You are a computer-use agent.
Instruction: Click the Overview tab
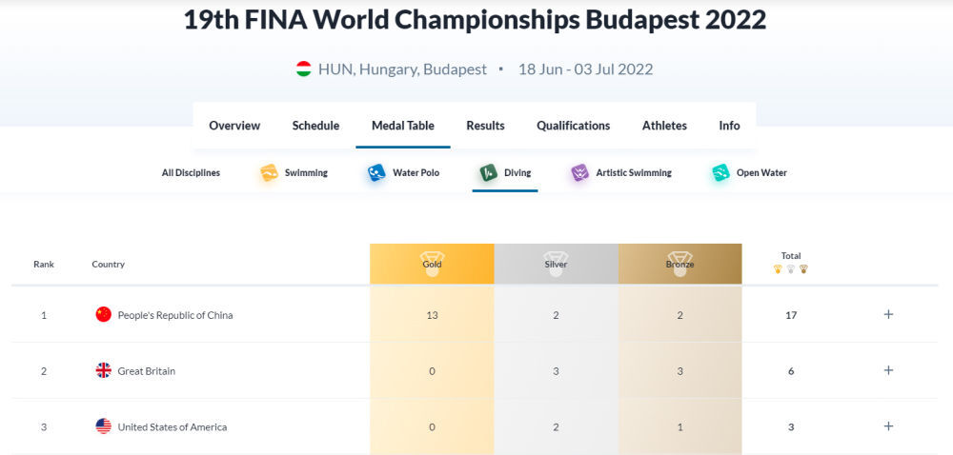tap(234, 126)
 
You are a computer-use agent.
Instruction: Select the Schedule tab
tap(315, 126)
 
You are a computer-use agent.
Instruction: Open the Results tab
tap(485, 126)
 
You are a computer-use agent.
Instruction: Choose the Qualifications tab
tap(573, 126)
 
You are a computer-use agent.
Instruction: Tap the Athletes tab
tap(664, 126)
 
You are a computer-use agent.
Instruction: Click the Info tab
tap(729, 126)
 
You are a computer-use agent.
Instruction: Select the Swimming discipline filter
tap(294, 173)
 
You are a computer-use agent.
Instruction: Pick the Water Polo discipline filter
tap(403, 173)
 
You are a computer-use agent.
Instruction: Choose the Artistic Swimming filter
tap(620, 173)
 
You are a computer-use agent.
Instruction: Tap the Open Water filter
tap(749, 173)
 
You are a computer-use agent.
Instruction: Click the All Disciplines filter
tap(191, 173)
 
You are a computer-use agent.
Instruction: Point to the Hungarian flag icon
tap(303, 69)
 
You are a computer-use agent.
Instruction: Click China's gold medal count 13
tap(432, 315)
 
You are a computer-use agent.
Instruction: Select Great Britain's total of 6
tap(791, 371)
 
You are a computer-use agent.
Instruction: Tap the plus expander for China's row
tap(888, 315)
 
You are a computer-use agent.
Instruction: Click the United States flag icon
tap(104, 427)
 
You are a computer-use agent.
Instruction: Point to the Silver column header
tap(556, 264)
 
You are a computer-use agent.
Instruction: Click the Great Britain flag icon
tap(104, 371)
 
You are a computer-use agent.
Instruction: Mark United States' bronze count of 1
tap(679, 427)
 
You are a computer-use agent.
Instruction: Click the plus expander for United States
tap(888, 427)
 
